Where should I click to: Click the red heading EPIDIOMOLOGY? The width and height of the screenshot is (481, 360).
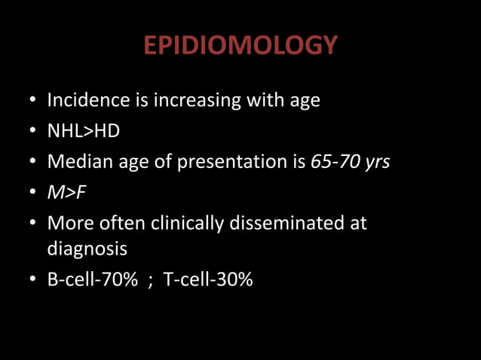pyautogui.click(x=240, y=46)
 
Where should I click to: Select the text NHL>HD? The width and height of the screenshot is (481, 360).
pyautogui.click(x=83, y=131)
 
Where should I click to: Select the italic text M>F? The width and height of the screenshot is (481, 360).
pyautogui.click(x=66, y=193)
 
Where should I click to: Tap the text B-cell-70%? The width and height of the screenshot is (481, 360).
pyautogui.click(x=93, y=279)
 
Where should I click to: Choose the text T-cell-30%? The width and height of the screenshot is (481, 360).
pyautogui.click(x=208, y=279)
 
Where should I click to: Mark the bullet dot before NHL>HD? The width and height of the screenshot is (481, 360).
pyautogui.click(x=32, y=132)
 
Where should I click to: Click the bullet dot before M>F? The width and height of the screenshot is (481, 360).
pyautogui.click(x=32, y=194)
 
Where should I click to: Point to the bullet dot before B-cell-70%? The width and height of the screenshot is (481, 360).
pyautogui.click(x=32, y=280)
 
